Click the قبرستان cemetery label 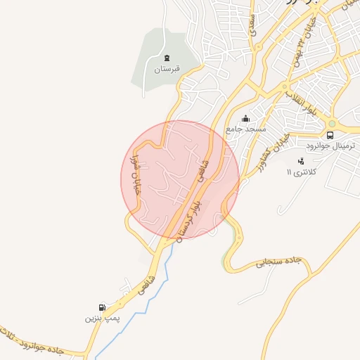pyautogui.click(x=167, y=69)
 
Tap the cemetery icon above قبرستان pyautogui.click(x=167, y=58)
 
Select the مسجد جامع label pyautogui.click(x=245, y=129)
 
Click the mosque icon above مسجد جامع pyautogui.click(x=245, y=118)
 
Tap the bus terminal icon pyautogui.click(x=330, y=134)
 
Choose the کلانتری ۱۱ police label pyautogui.click(x=303, y=172)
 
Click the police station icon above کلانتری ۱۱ pyautogui.click(x=301, y=161)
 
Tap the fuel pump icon pyautogui.click(x=103, y=307)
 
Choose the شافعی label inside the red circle pyautogui.click(x=205, y=169)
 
